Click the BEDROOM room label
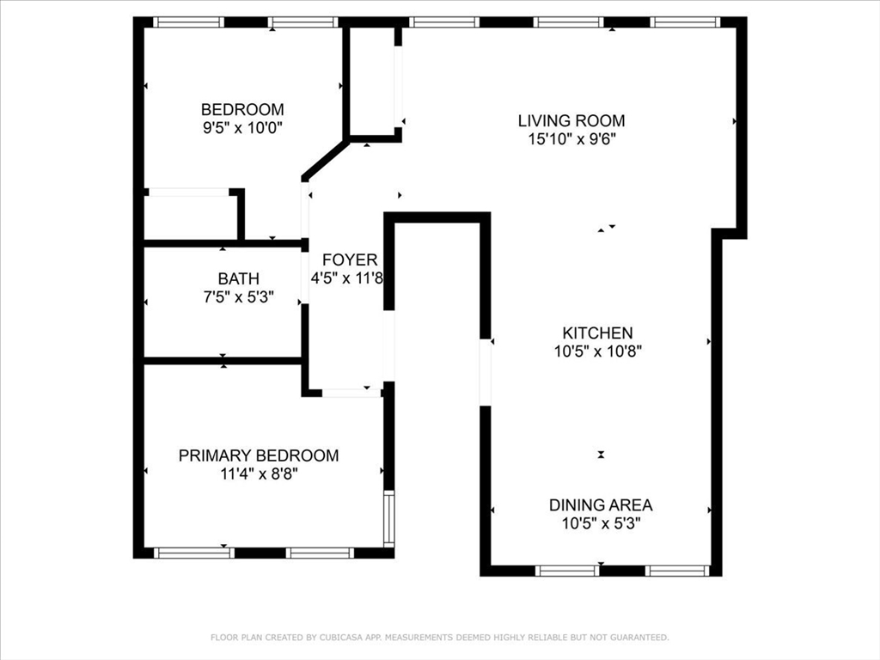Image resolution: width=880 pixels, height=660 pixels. click(x=242, y=110)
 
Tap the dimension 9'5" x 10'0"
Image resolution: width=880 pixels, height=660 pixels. click(x=242, y=127)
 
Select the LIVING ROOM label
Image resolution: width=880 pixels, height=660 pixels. click(x=571, y=121)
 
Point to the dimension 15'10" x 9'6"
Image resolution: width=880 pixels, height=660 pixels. click(x=571, y=138)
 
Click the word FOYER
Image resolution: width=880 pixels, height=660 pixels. click(x=349, y=260)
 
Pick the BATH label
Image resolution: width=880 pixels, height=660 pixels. click(x=238, y=279)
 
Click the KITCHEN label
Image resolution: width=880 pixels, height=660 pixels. click(x=597, y=333)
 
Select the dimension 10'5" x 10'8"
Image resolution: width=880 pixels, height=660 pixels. click(x=597, y=351)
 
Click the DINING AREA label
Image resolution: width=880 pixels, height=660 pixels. click(x=601, y=505)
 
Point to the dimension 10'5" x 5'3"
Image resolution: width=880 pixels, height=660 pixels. click(x=601, y=522)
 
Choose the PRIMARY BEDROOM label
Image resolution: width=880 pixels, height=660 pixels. click(x=259, y=455)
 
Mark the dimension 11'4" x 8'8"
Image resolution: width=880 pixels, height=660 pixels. click(x=259, y=474)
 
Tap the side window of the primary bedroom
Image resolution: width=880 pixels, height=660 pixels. click(x=388, y=518)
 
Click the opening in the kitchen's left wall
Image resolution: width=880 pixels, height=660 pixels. click(x=486, y=370)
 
